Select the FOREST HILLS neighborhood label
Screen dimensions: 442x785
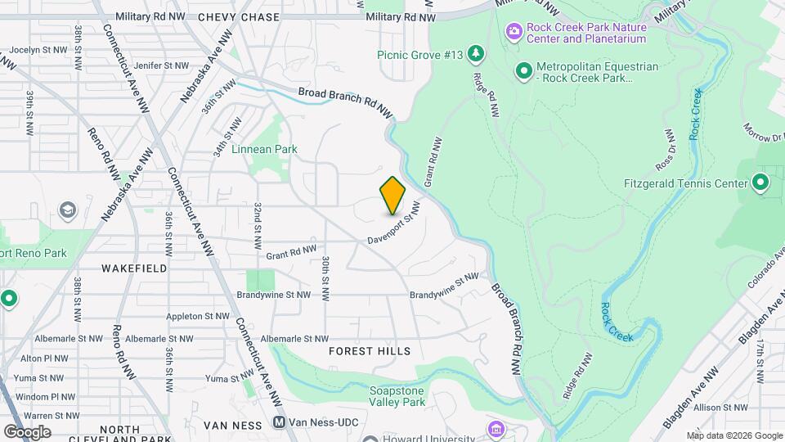point(370,350)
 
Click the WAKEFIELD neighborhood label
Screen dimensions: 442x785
point(135,268)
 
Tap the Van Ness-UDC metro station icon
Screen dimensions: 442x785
point(279,424)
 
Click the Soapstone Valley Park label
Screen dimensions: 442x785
point(397,396)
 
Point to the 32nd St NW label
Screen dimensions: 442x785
point(257,226)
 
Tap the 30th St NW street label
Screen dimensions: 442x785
point(325,276)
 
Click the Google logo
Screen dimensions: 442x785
point(27,431)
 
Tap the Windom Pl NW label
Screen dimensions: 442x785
point(38,396)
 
